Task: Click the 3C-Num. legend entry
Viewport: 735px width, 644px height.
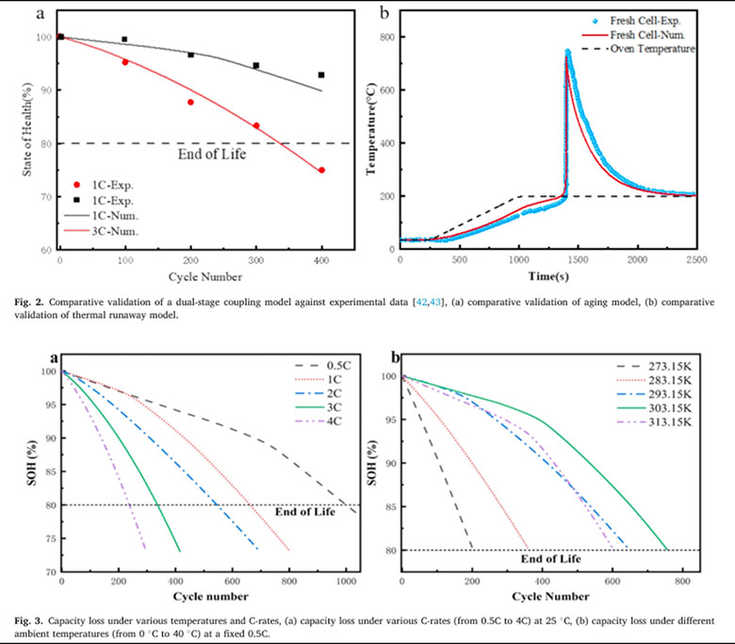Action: [x=101, y=231]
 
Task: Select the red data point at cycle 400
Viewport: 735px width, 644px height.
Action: [x=321, y=171]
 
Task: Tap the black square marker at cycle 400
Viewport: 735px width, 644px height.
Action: [x=321, y=75]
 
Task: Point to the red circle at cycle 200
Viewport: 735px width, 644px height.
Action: [x=190, y=102]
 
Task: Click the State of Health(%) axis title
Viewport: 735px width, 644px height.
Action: [x=27, y=129]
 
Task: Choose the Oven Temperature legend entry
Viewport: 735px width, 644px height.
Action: [x=639, y=49]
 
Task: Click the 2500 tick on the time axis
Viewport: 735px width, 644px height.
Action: [x=697, y=260]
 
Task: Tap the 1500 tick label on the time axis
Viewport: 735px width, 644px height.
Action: [x=578, y=260]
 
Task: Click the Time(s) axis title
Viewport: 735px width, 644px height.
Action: [x=548, y=276]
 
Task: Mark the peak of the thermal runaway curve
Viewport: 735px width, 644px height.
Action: [x=567, y=51]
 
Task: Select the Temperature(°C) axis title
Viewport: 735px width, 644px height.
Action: [x=371, y=129]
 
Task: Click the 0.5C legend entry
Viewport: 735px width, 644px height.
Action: [x=323, y=366]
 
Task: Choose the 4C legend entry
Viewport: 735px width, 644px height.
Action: [x=318, y=421]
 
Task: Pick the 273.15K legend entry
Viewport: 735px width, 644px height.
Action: [x=654, y=367]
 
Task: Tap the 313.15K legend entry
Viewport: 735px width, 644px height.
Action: [x=654, y=422]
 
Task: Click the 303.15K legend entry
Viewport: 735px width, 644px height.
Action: [x=654, y=408]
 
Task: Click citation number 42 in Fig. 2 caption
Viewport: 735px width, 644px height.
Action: [x=422, y=303]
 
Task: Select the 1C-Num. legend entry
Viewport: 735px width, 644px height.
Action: [x=101, y=216]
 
